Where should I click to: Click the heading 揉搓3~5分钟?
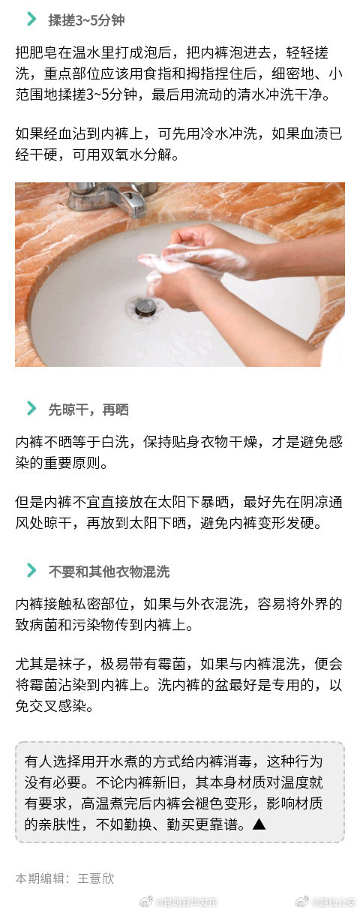(86, 20)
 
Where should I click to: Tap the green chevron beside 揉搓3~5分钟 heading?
(31, 20)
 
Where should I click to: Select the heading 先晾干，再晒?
(88, 409)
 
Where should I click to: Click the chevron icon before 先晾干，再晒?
(31, 408)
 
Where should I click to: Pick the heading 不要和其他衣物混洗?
(109, 571)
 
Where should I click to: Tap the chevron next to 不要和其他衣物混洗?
(31, 570)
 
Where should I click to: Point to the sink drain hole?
(142, 305)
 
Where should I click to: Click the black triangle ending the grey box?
(259, 824)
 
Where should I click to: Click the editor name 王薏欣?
(96, 878)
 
